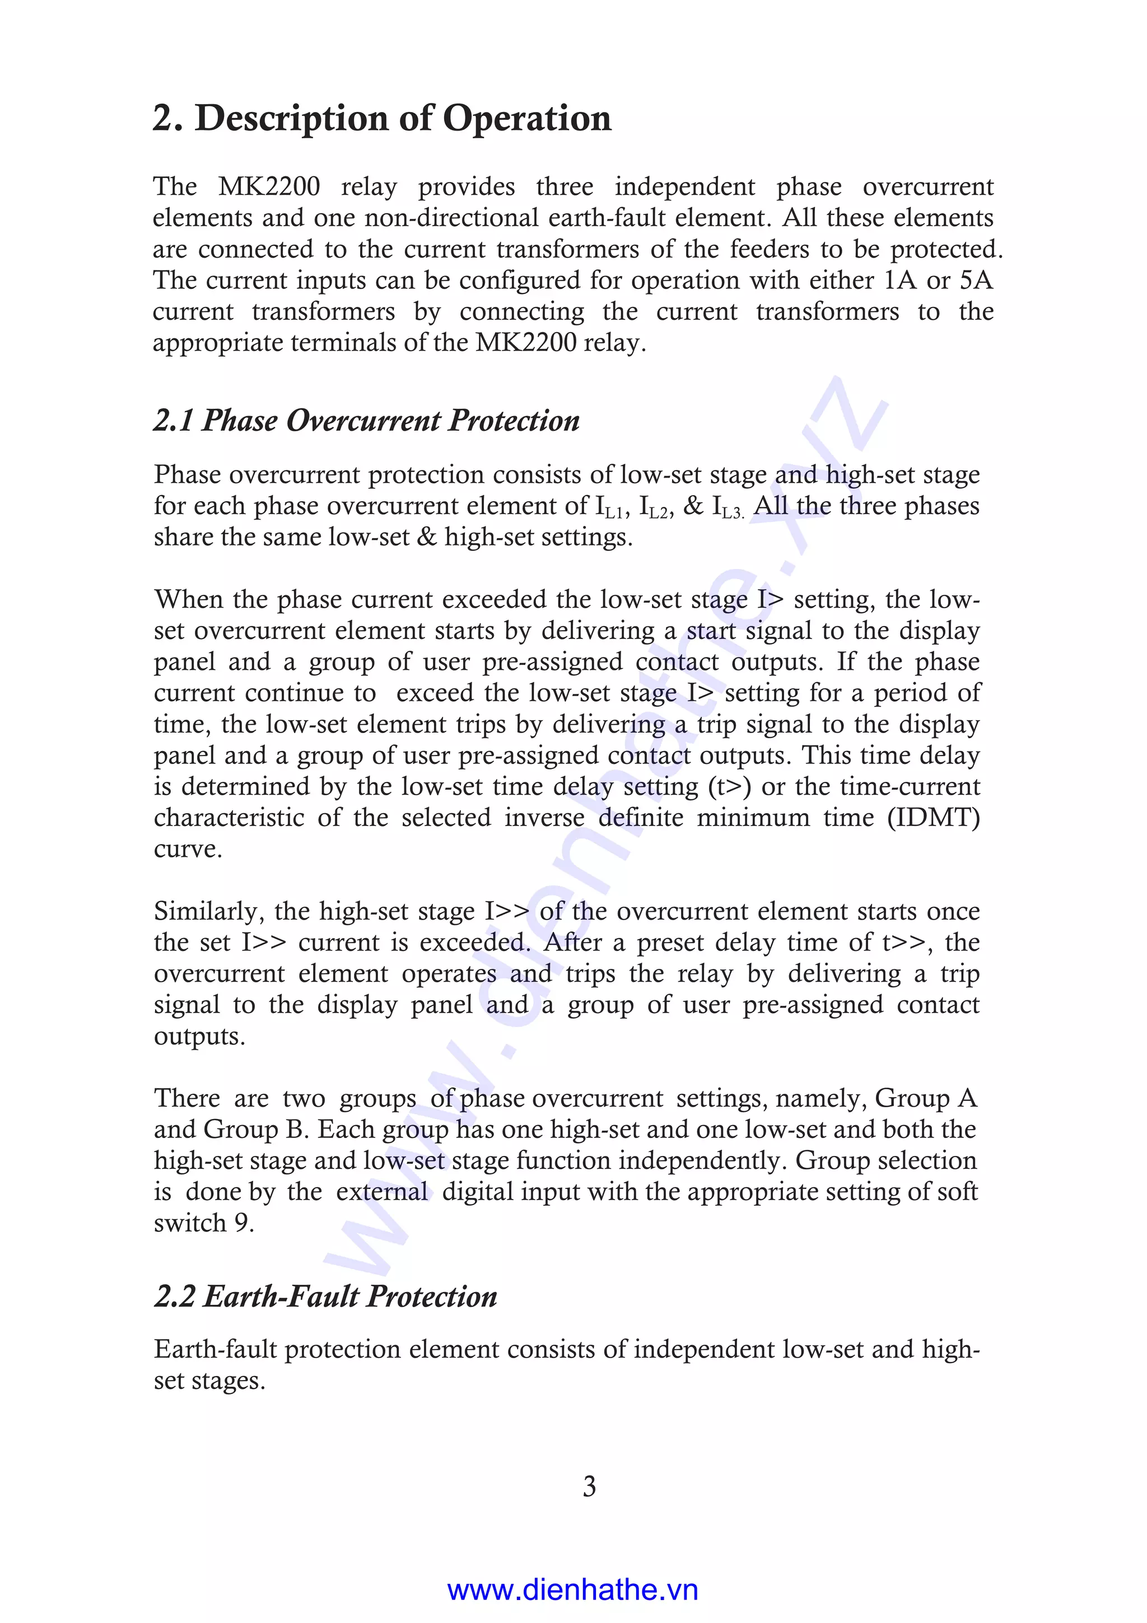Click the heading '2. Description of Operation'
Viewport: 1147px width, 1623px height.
381,118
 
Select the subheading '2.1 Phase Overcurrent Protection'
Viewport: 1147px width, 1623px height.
367,421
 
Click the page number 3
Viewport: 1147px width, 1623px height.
589,1486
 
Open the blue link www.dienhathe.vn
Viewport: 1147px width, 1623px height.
572,1590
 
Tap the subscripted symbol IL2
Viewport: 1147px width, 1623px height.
654,507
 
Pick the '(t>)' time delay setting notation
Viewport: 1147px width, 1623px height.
729,787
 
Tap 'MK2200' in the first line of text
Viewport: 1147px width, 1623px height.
269,186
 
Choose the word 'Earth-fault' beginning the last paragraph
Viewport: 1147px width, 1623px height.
215,1350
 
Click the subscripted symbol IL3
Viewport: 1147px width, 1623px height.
728,507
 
